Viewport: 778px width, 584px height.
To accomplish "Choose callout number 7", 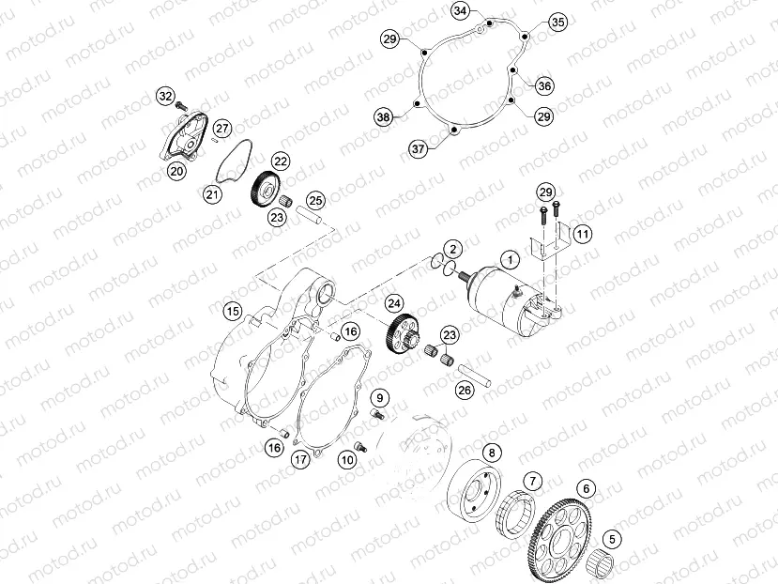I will [532, 481].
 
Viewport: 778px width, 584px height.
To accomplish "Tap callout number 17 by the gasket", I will [299, 460].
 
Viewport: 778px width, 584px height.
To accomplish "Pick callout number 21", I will [212, 193].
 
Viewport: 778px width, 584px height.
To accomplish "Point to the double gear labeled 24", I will [402, 334].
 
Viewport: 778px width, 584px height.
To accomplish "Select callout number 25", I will [316, 200].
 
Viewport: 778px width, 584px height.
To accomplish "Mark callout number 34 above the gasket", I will [459, 10].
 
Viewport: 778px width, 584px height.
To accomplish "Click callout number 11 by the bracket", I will [582, 233].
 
